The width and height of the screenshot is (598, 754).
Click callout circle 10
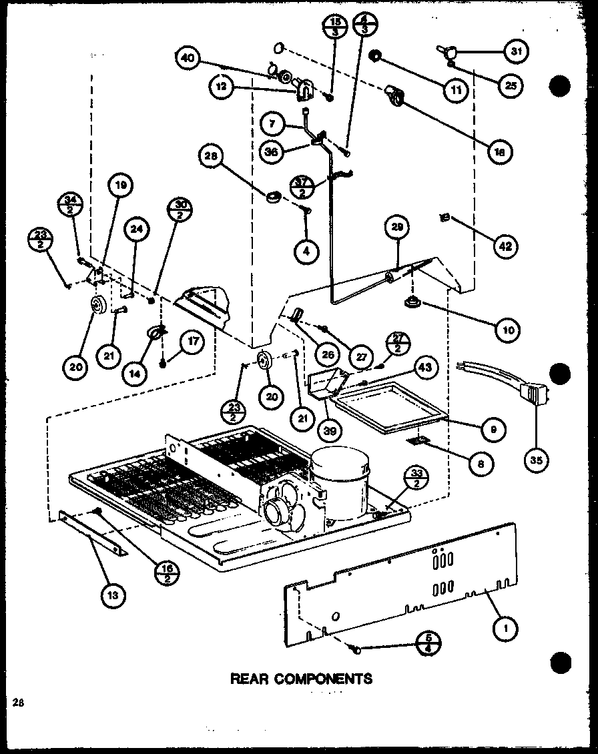(x=507, y=328)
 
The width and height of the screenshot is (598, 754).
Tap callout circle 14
(x=136, y=374)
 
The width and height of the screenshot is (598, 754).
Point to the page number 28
(x=17, y=701)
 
